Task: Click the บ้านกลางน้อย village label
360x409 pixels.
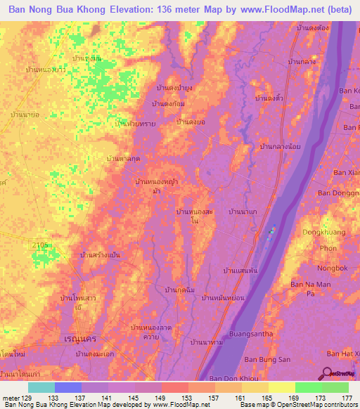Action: [x=282, y=146]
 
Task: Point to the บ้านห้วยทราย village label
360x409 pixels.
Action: [x=135, y=122]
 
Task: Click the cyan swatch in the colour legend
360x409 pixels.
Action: [x=41, y=387]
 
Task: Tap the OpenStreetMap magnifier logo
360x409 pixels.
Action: [x=328, y=373]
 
